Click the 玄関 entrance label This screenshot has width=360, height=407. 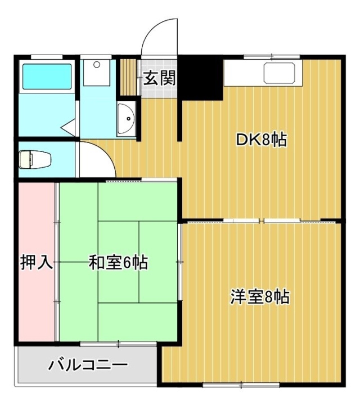point(159,78)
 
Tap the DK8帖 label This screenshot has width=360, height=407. point(261,140)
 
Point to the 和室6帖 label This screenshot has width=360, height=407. point(118,262)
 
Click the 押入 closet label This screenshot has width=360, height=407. point(37,262)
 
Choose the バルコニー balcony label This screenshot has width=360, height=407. point(88,365)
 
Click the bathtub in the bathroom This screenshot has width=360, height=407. point(47,77)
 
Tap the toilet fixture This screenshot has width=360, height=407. point(35,159)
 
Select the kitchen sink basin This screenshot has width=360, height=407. point(280,73)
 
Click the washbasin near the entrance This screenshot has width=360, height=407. point(126,119)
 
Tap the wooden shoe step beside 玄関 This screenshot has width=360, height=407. point(129,78)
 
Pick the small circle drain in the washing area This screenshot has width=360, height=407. point(97,65)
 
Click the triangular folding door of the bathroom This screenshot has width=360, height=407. point(68,127)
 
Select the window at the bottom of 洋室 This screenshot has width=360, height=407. point(241,384)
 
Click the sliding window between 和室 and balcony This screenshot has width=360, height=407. point(118,344)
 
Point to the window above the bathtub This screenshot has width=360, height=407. point(47,57)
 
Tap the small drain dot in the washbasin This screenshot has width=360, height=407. point(129,119)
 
